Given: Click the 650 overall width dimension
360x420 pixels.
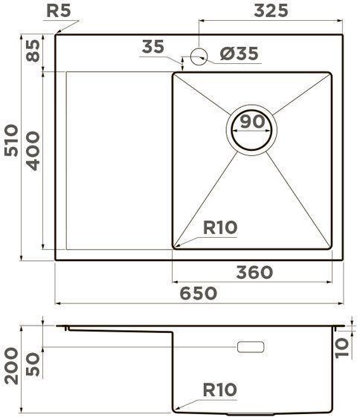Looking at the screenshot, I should coord(197,293).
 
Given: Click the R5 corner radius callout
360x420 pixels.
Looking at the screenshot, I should coord(59,10).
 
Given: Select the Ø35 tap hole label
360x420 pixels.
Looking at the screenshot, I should coord(240,54).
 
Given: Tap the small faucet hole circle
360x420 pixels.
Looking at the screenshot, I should coord(199,54).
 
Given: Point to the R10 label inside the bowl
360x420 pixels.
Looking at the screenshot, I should coord(220,228).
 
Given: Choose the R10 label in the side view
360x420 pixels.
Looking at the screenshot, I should coord(219,390).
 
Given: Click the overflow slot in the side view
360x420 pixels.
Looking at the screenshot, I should coord(250,347).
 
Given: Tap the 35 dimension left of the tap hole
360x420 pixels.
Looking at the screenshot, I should coord(153,47).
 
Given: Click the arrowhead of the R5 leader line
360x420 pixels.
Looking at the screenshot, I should coord(57,31).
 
